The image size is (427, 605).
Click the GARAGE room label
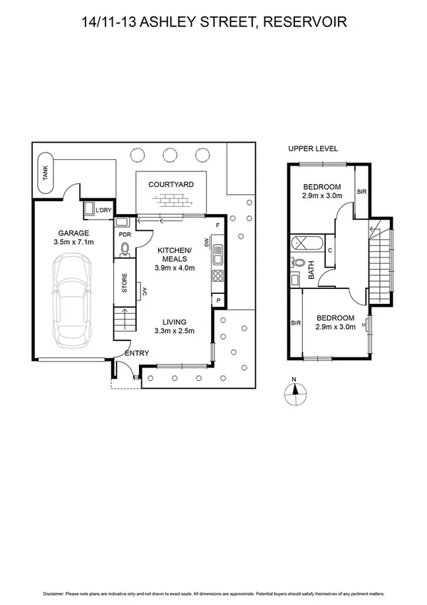[73, 233]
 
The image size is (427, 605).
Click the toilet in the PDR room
[125, 249]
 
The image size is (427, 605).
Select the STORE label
[124, 284]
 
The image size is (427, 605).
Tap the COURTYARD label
[171, 184]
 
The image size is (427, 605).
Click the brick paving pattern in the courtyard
[171, 200]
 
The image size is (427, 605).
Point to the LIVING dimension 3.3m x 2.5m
[174, 330]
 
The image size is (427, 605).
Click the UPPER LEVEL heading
[313, 148]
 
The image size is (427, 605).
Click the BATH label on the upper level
[311, 270]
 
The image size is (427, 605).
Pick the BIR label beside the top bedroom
[361, 192]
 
